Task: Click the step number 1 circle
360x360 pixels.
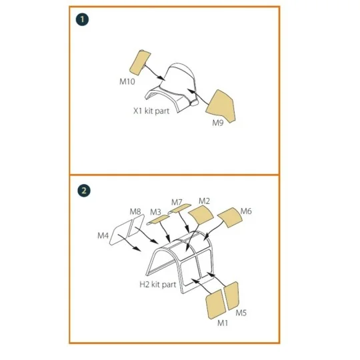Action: coord(83,20)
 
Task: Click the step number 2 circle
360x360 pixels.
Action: coord(83,190)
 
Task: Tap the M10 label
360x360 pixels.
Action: coord(127,81)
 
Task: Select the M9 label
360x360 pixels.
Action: coord(217,123)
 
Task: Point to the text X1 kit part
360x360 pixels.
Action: coord(151,111)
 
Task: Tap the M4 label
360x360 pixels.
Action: coord(103,235)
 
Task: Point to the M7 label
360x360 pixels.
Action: coord(177,202)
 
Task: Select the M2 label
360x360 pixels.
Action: coord(204,201)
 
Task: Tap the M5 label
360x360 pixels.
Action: coord(241,313)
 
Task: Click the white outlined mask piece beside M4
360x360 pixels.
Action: coord(122,233)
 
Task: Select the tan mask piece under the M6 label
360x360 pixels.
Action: coord(228,218)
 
